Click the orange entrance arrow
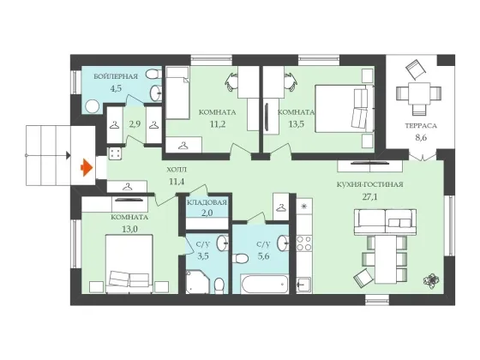tap(87, 168)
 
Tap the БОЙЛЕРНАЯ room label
tap(116, 76)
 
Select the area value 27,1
tap(369, 196)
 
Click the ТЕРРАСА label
tap(421, 126)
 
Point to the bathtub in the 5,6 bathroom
tap(265, 285)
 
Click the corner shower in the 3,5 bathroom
tap(197, 282)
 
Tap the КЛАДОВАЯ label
tap(207, 202)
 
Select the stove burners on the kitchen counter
tap(304, 243)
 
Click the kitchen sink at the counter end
tap(304, 285)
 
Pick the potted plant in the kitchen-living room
tap(431, 280)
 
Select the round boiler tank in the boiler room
tap(93, 107)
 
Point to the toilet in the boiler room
tap(153, 75)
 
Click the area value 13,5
tap(297, 124)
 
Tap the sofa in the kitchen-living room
tap(385, 222)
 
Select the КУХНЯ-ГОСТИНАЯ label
tap(369, 184)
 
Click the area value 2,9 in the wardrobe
tap(135, 124)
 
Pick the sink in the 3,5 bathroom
tap(223, 243)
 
